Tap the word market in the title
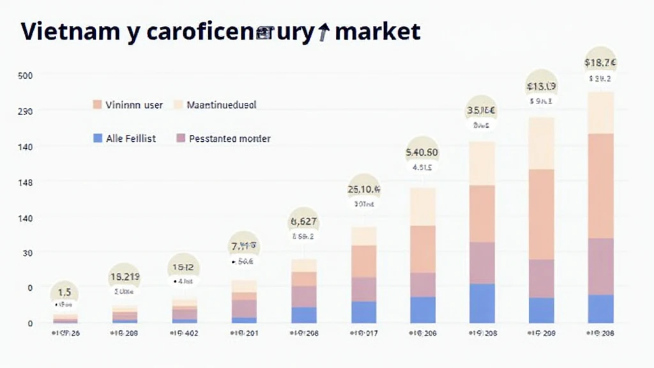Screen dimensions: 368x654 377,31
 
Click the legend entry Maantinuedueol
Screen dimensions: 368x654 221,105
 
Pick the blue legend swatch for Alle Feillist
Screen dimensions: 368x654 98,138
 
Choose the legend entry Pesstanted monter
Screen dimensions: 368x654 229,138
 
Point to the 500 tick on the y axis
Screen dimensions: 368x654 25,75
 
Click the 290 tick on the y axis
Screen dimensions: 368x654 25,111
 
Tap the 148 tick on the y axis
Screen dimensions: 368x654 25,183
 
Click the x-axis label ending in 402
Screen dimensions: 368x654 185,333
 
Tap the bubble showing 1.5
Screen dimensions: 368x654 65,293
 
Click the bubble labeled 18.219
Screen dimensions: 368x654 125,277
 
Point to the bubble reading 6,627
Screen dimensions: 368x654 304,222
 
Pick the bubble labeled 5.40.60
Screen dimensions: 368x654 422,153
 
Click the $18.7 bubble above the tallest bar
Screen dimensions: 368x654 600,63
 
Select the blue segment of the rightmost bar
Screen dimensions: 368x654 600,309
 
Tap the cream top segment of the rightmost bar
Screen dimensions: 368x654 600,112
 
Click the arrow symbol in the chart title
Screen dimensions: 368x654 323,32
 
